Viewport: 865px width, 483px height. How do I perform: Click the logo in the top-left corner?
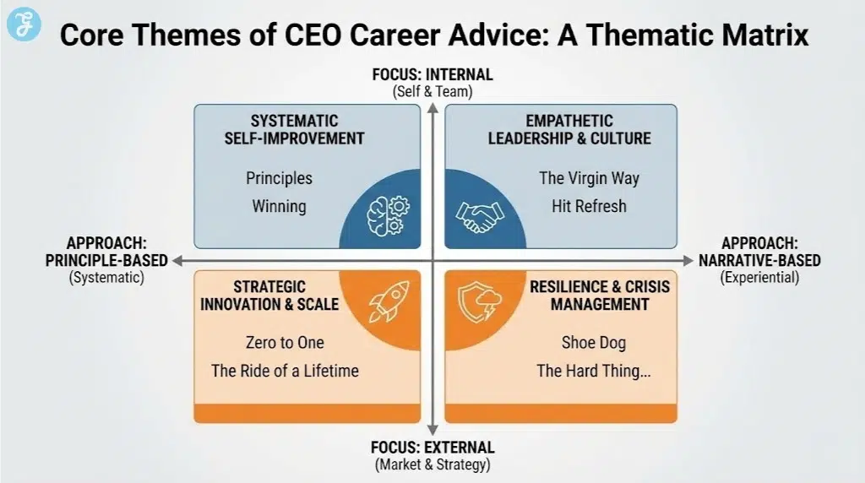[x=24, y=24]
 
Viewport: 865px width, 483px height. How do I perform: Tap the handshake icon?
[x=476, y=215]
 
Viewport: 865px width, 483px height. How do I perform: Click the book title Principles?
[x=279, y=178]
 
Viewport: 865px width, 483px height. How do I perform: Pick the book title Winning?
[x=279, y=206]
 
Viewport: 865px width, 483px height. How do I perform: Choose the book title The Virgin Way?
[x=589, y=178]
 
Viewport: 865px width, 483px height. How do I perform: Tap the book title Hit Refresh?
[x=589, y=206]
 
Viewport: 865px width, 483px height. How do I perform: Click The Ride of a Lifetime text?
[x=285, y=370]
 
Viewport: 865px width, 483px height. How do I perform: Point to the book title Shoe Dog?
[x=589, y=342]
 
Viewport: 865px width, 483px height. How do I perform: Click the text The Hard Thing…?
[x=589, y=370]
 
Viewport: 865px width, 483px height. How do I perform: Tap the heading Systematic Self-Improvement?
[x=294, y=129]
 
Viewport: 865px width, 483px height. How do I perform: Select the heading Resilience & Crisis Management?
[x=599, y=295]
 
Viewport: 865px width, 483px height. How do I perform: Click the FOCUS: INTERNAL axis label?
[x=432, y=75]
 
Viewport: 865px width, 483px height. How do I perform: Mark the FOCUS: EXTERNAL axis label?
[x=432, y=448]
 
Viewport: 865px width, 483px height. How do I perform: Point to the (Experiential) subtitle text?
[x=759, y=277]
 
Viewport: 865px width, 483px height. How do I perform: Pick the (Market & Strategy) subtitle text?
[x=432, y=464]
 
